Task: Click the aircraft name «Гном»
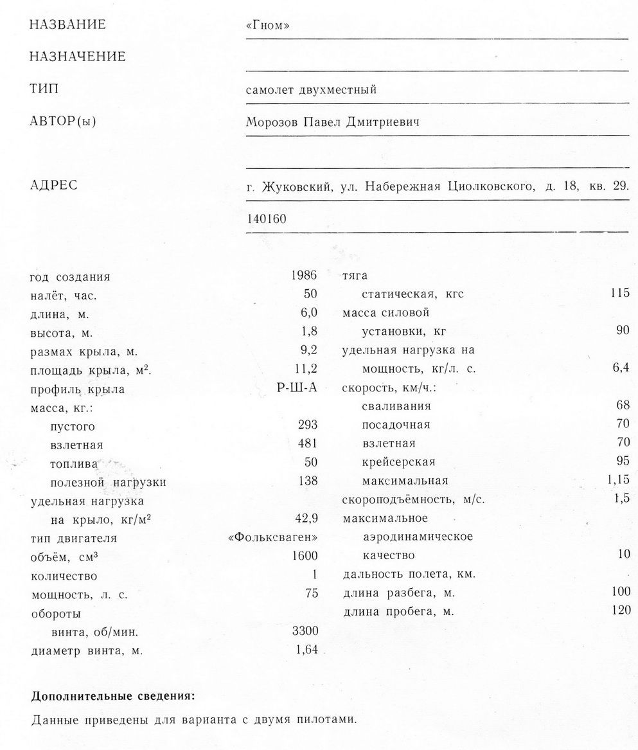click(x=267, y=26)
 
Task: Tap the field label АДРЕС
click(x=53, y=186)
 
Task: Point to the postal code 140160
click(x=266, y=219)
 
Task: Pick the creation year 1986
click(x=304, y=276)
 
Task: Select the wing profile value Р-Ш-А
click(x=298, y=388)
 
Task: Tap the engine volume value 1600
click(x=305, y=555)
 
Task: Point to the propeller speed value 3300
click(x=305, y=630)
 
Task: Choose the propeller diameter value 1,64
click(x=306, y=650)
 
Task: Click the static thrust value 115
click(x=621, y=294)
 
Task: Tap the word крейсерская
click(x=398, y=462)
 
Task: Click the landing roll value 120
click(x=621, y=611)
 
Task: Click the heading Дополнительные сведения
click(x=112, y=696)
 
